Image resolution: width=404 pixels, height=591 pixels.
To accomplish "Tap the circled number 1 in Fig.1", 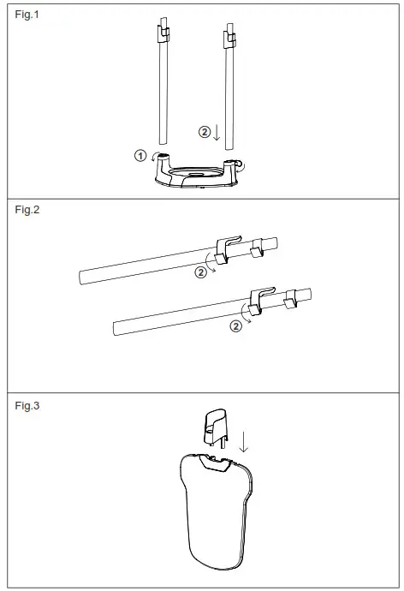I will pyautogui.click(x=141, y=155).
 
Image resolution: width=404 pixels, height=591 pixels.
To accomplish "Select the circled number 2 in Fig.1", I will pyautogui.click(x=204, y=132).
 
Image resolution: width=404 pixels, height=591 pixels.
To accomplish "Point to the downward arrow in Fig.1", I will pyautogui.click(x=217, y=133).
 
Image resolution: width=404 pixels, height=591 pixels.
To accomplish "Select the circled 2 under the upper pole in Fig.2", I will pyautogui.click(x=200, y=272).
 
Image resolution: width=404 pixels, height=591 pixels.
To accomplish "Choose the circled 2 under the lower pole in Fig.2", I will pyautogui.click(x=235, y=326).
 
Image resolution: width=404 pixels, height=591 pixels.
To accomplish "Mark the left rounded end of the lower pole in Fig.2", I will pyautogui.click(x=116, y=325).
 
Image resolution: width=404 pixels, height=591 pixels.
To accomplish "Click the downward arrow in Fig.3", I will pyautogui.click(x=243, y=441).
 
